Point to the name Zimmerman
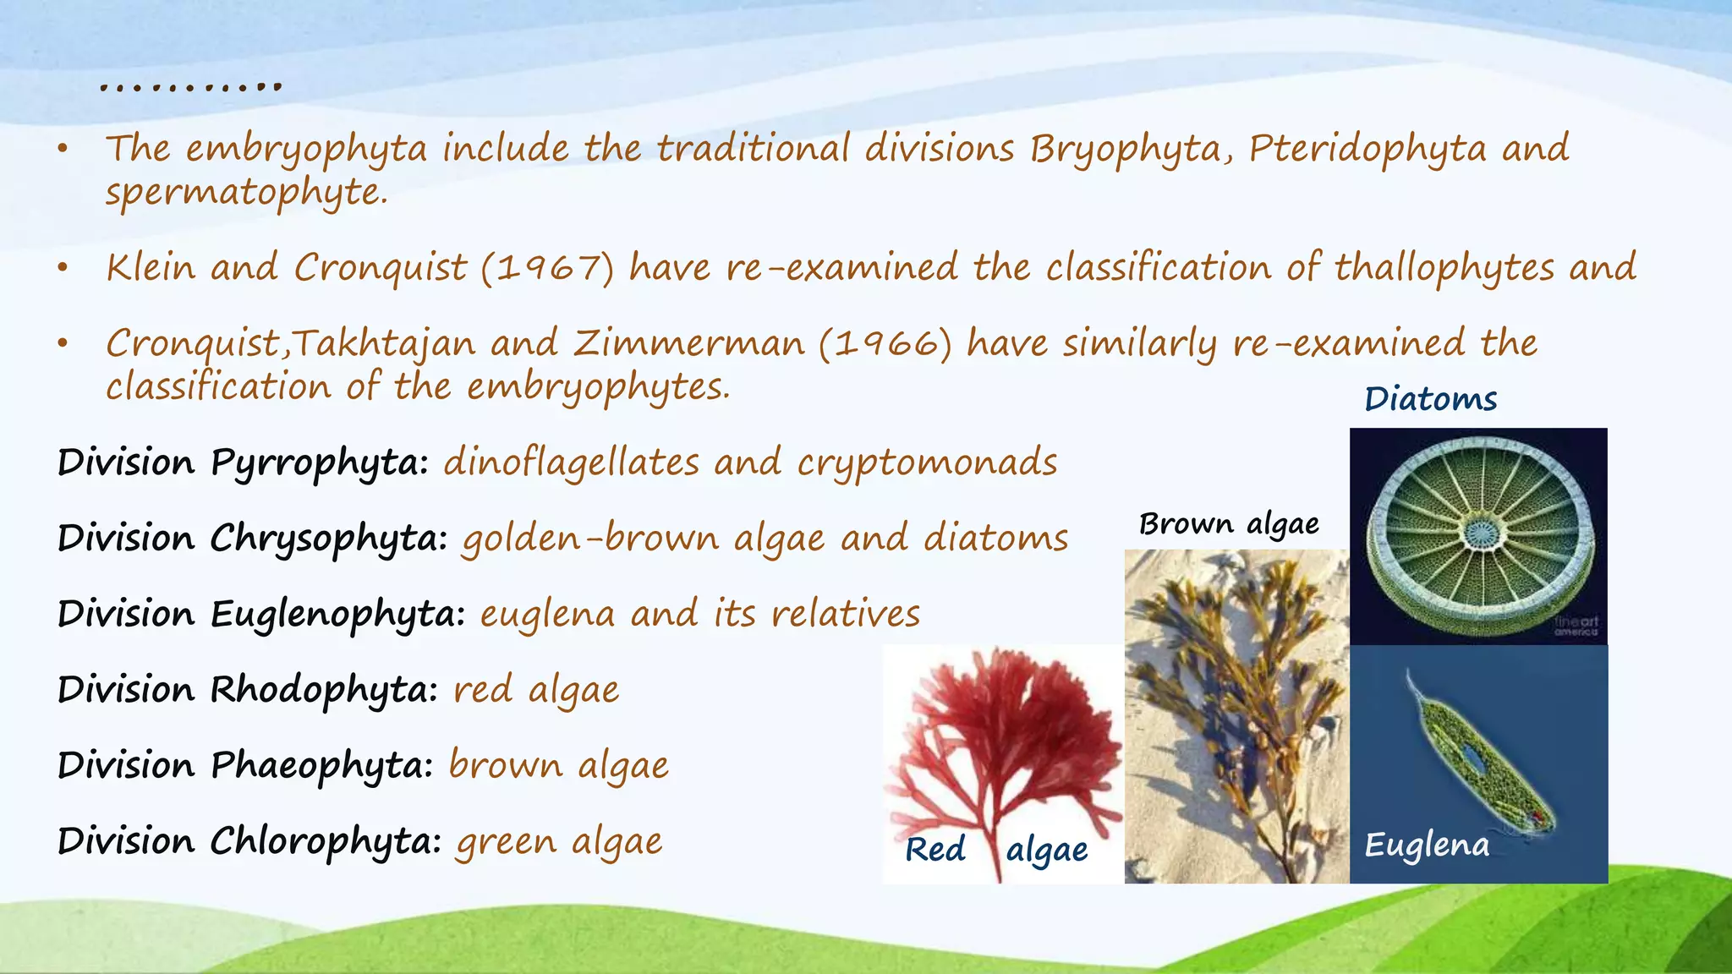click(688, 344)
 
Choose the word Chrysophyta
click(328, 539)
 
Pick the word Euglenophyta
click(337, 615)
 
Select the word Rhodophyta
click(323, 690)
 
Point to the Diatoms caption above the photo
click(1431, 399)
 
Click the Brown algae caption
click(1229, 524)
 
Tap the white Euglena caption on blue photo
click(1427, 845)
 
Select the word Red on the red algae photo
click(935, 850)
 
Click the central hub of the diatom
click(1481, 533)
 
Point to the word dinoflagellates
click(571, 463)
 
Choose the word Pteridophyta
click(1367, 150)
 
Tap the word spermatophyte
click(245, 193)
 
